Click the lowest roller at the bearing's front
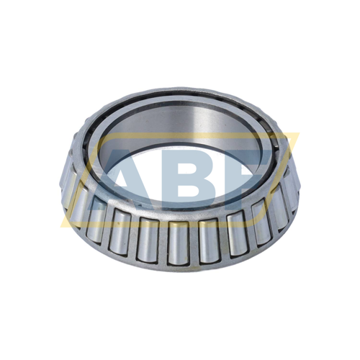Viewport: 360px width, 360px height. pyautogui.click(x=179, y=241)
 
